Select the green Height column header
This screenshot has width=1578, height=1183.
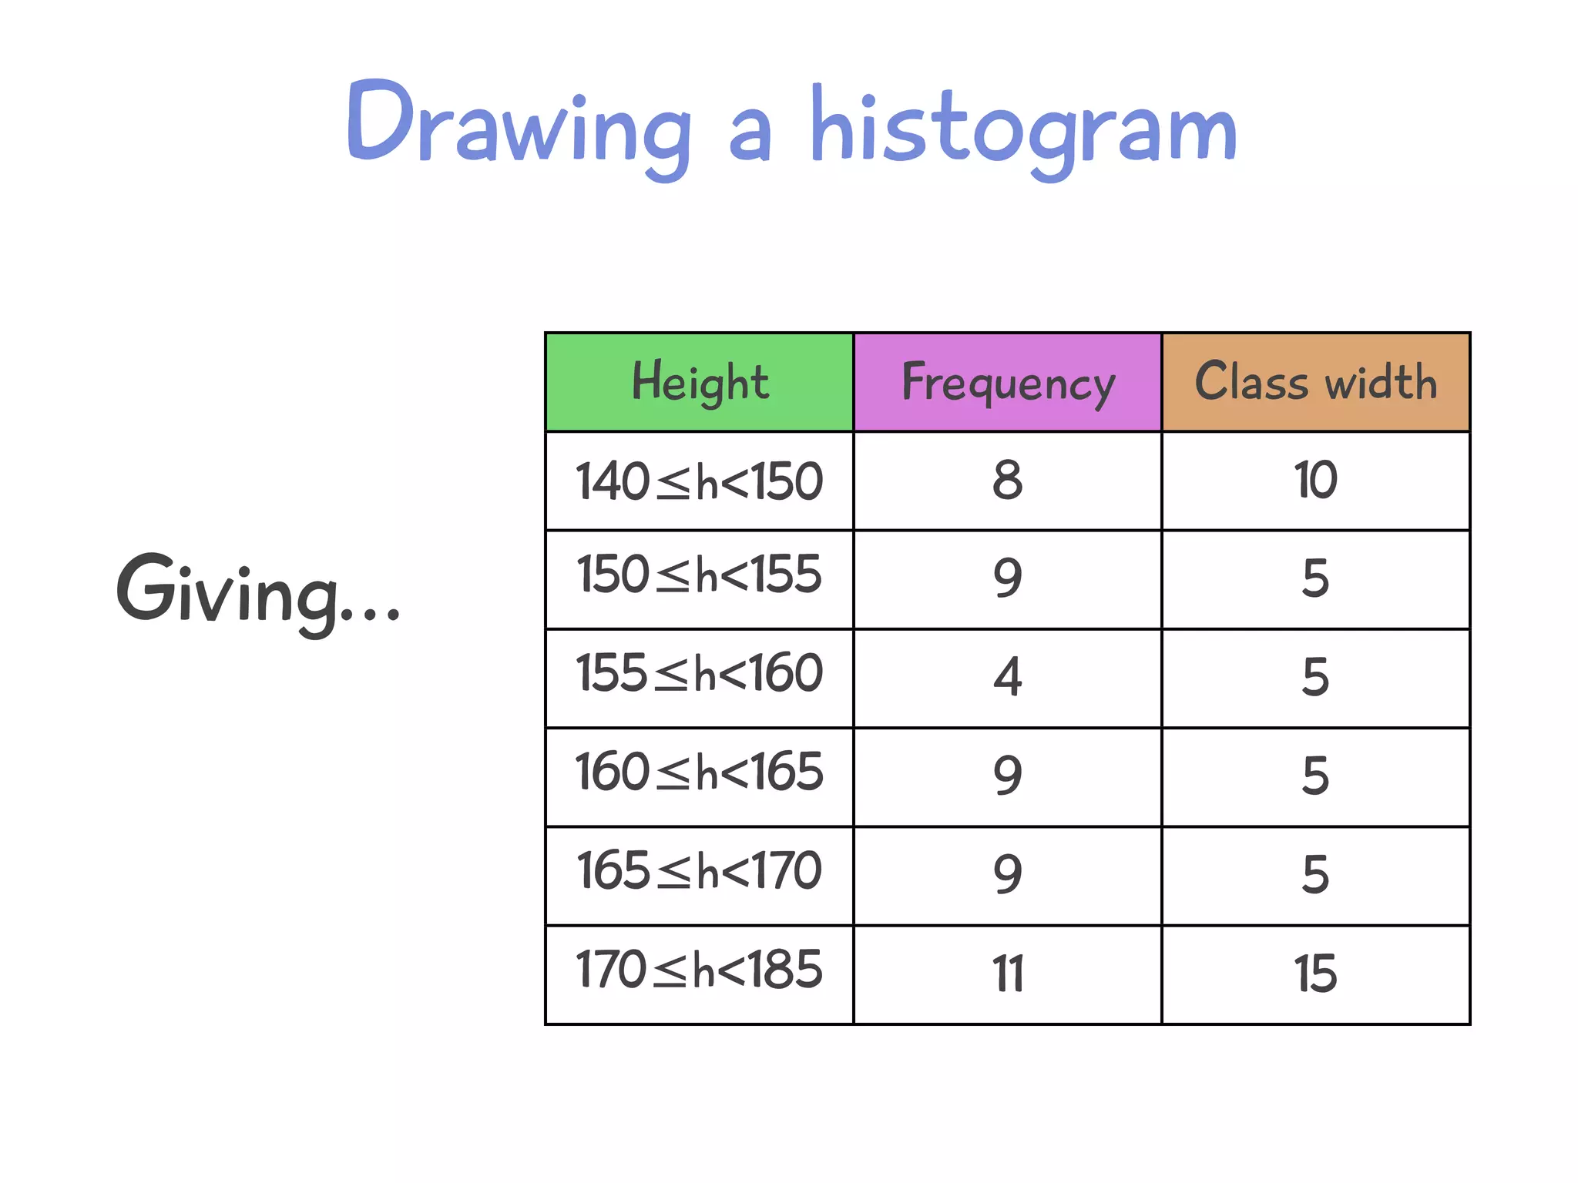coord(700,382)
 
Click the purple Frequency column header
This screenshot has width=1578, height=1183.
coord(1008,382)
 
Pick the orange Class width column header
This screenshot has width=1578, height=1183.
coord(1316,382)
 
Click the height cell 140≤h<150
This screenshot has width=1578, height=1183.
coord(700,481)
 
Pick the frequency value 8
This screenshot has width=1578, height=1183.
coord(1008,481)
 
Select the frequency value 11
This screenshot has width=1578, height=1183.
coord(1008,974)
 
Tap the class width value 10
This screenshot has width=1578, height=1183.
coord(1315,481)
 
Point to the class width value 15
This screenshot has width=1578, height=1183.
coord(1315,974)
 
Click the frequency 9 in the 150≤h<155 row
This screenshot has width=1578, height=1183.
coord(1008,578)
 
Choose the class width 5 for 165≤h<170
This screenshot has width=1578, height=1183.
coord(1315,875)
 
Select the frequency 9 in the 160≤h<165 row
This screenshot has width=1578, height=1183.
coord(1008,776)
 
